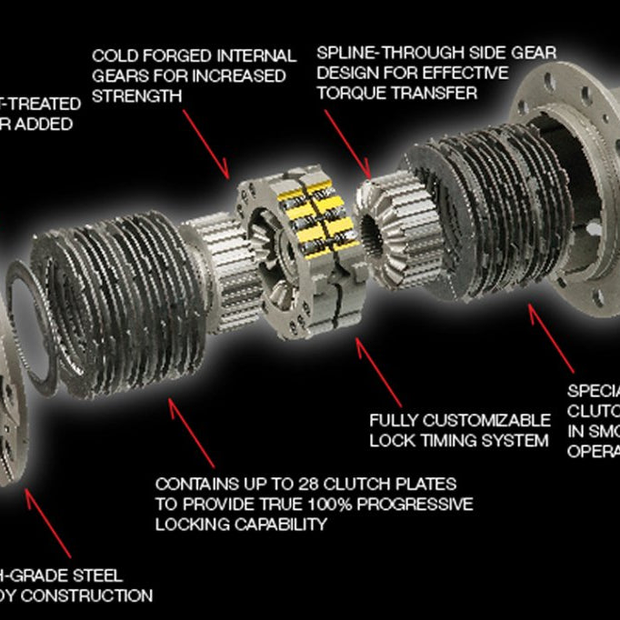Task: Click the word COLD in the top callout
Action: (x=114, y=57)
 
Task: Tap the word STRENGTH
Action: (x=136, y=95)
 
